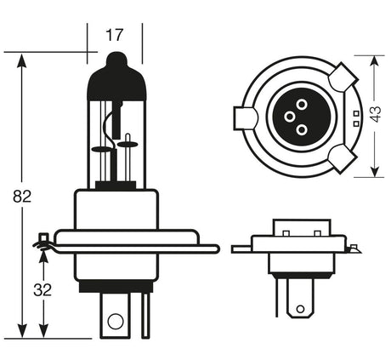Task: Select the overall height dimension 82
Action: click(22, 197)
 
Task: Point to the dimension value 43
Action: click(377, 116)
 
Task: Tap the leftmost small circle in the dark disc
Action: click(288, 116)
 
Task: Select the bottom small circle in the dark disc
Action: click(301, 129)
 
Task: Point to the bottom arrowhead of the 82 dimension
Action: click(22, 334)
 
